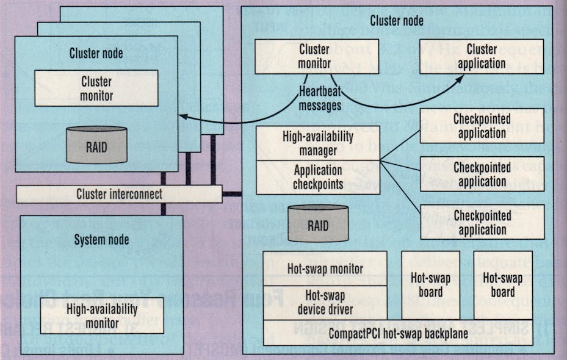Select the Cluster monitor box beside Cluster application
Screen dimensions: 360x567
click(x=316, y=56)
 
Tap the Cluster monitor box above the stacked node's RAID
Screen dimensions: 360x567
click(x=96, y=88)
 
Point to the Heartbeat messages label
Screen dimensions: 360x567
click(x=320, y=98)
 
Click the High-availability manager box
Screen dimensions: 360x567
click(x=317, y=143)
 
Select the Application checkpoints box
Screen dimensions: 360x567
click(x=317, y=177)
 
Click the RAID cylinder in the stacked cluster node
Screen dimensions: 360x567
click(x=96, y=145)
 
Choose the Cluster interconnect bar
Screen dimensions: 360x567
click(x=119, y=194)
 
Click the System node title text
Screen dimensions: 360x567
click(x=102, y=240)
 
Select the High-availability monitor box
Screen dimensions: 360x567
click(x=102, y=315)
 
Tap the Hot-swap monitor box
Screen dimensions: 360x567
click(x=325, y=268)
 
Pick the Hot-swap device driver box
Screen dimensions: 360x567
click(x=325, y=301)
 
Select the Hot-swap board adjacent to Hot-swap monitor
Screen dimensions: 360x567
click(x=430, y=284)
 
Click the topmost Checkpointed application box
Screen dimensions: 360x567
click(x=482, y=126)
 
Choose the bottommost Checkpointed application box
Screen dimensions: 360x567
click(x=482, y=222)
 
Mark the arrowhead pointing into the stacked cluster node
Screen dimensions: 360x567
click(x=182, y=116)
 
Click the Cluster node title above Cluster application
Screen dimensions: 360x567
click(x=397, y=21)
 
